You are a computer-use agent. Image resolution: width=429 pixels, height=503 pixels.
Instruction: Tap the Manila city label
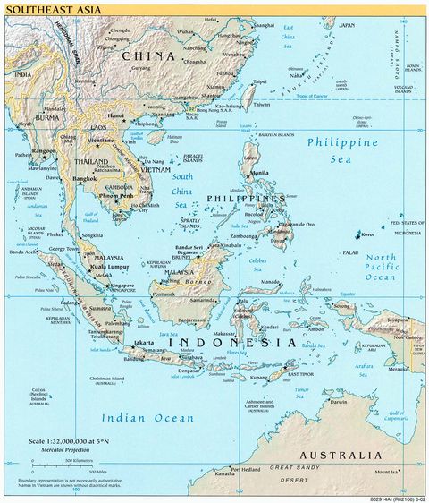[x=260, y=173]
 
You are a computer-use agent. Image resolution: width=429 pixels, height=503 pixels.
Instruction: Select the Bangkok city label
[x=85, y=179]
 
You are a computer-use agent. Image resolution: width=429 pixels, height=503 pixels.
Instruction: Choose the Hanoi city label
[x=115, y=115]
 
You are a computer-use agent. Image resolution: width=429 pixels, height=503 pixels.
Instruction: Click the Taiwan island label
[x=260, y=105]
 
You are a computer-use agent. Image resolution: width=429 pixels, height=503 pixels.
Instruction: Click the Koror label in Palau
[x=368, y=234]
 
